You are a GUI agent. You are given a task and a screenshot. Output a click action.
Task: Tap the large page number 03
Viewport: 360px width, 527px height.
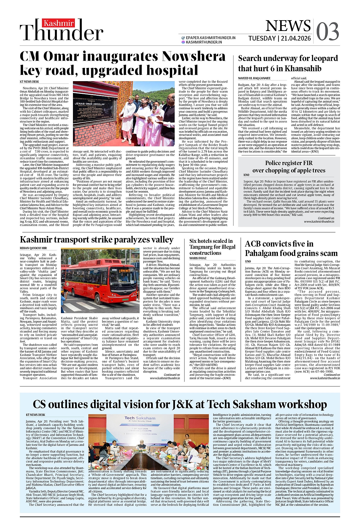coord(327,32)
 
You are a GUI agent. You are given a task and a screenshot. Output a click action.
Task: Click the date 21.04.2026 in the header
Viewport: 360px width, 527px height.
coord(296,39)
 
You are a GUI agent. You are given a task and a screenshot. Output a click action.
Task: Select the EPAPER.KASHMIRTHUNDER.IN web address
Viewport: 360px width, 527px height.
coord(211,38)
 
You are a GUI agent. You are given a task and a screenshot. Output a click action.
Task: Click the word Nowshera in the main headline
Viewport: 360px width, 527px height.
coord(194,57)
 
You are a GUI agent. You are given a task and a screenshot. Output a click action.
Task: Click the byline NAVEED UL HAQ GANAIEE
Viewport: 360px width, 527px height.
coord(254,78)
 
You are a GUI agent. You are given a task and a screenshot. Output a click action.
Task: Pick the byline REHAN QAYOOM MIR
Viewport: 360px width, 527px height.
coord(33,248)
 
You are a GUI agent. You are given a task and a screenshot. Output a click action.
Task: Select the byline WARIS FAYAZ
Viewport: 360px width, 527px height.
coord(198,258)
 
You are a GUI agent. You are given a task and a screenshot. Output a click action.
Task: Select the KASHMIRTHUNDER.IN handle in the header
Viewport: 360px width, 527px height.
coord(204,42)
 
